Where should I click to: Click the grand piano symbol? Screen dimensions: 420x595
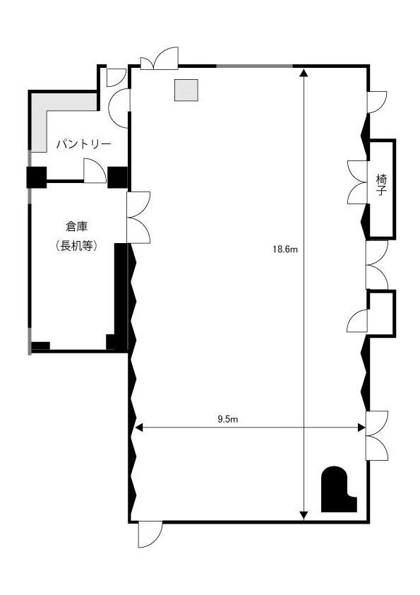click(338, 490)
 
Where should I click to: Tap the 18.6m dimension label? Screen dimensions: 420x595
click(285, 249)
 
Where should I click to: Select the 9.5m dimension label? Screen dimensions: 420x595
click(227, 419)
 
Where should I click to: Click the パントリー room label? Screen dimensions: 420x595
click(84, 144)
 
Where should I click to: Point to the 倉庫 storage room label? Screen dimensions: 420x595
click(77, 227)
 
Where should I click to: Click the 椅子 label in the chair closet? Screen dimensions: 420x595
click(381, 184)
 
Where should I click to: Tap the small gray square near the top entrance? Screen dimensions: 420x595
click(186, 90)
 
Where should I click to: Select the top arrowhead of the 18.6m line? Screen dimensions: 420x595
click(304, 73)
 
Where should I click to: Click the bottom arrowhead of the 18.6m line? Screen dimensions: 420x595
click(304, 515)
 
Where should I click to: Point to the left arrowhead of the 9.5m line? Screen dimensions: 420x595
click(139, 428)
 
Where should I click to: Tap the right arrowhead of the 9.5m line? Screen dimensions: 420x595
click(361, 428)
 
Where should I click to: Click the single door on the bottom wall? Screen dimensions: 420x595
click(150, 535)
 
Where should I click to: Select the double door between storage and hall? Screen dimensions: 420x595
click(138, 218)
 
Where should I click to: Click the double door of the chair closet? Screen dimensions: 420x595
click(358, 182)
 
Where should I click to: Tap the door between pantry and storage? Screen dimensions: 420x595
click(95, 171)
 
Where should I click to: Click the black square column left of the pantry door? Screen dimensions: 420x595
click(37, 177)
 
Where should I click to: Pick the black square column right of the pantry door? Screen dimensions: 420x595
click(117, 177)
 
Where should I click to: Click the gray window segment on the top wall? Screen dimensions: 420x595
click(255, 66)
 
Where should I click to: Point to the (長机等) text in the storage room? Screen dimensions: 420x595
click(77, 246)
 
